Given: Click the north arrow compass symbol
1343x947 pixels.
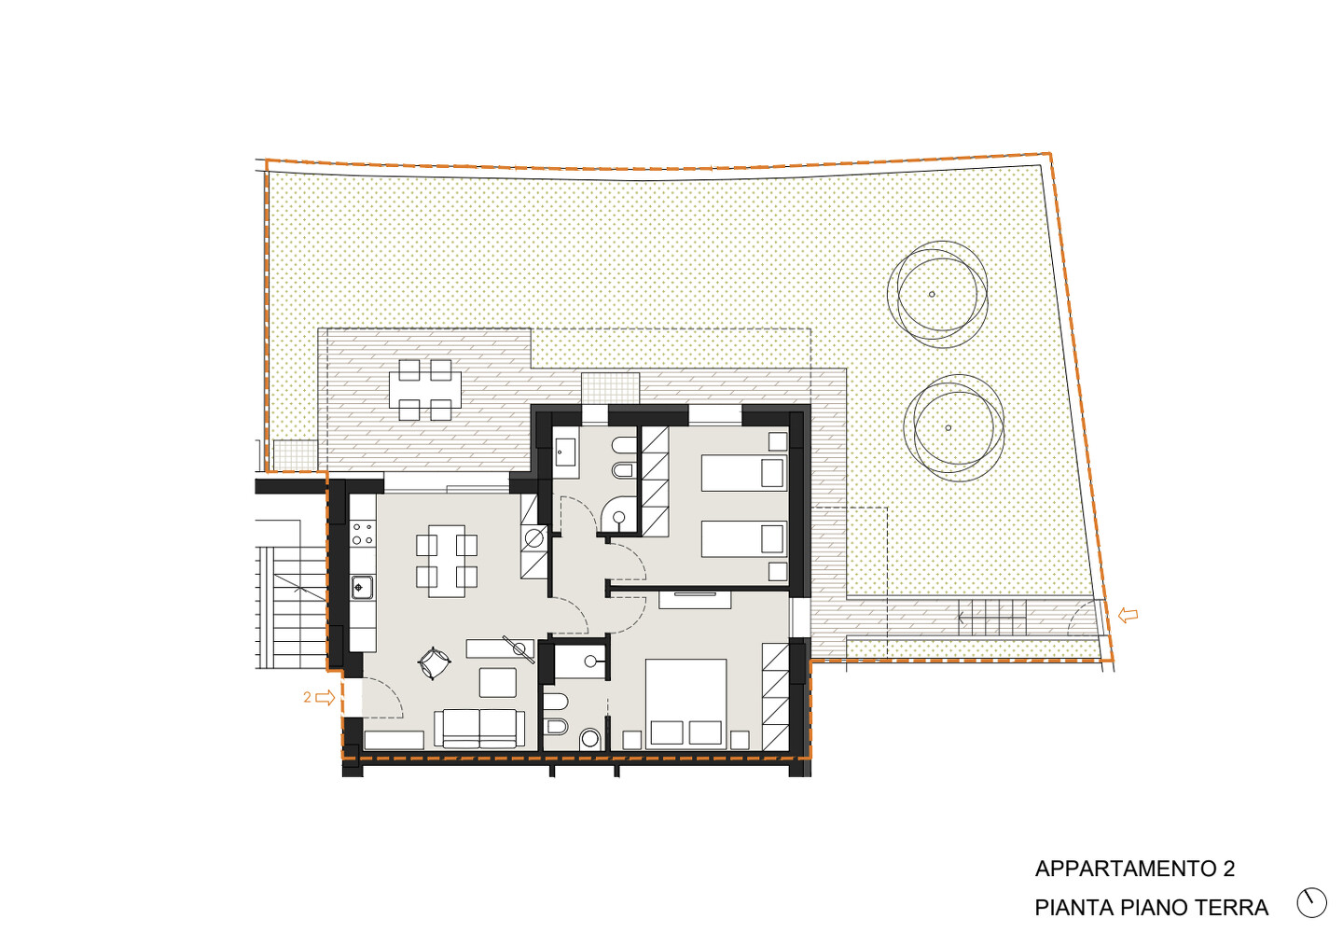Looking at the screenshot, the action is coord(1311,902).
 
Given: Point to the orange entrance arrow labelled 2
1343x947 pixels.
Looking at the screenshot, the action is coord(325,698).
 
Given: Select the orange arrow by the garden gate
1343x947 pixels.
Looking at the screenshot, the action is coord(1128,615).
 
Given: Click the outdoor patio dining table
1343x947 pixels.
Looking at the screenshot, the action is coord(425,390).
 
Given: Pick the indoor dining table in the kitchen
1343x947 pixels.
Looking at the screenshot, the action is coord(447,562).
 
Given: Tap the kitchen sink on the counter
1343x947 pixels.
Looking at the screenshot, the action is coord(362,587).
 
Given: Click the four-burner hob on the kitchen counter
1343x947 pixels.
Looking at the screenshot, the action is coord(362,534).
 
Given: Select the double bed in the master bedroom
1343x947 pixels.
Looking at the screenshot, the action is coord(685,704).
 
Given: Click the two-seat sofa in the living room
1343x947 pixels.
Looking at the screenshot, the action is coord(479,729).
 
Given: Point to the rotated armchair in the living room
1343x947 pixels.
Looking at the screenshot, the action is coord(434,662).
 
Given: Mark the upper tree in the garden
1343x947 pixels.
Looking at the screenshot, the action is coord(937,295).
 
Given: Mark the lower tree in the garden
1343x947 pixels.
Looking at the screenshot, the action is coord(953,428).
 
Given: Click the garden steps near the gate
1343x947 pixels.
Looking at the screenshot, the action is coord(992,618).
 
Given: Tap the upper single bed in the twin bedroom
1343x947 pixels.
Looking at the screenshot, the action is coord(744,473).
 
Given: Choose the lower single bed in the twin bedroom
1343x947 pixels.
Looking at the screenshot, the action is coord(744,538).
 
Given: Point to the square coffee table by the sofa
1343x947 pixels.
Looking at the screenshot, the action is coord(498,683).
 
